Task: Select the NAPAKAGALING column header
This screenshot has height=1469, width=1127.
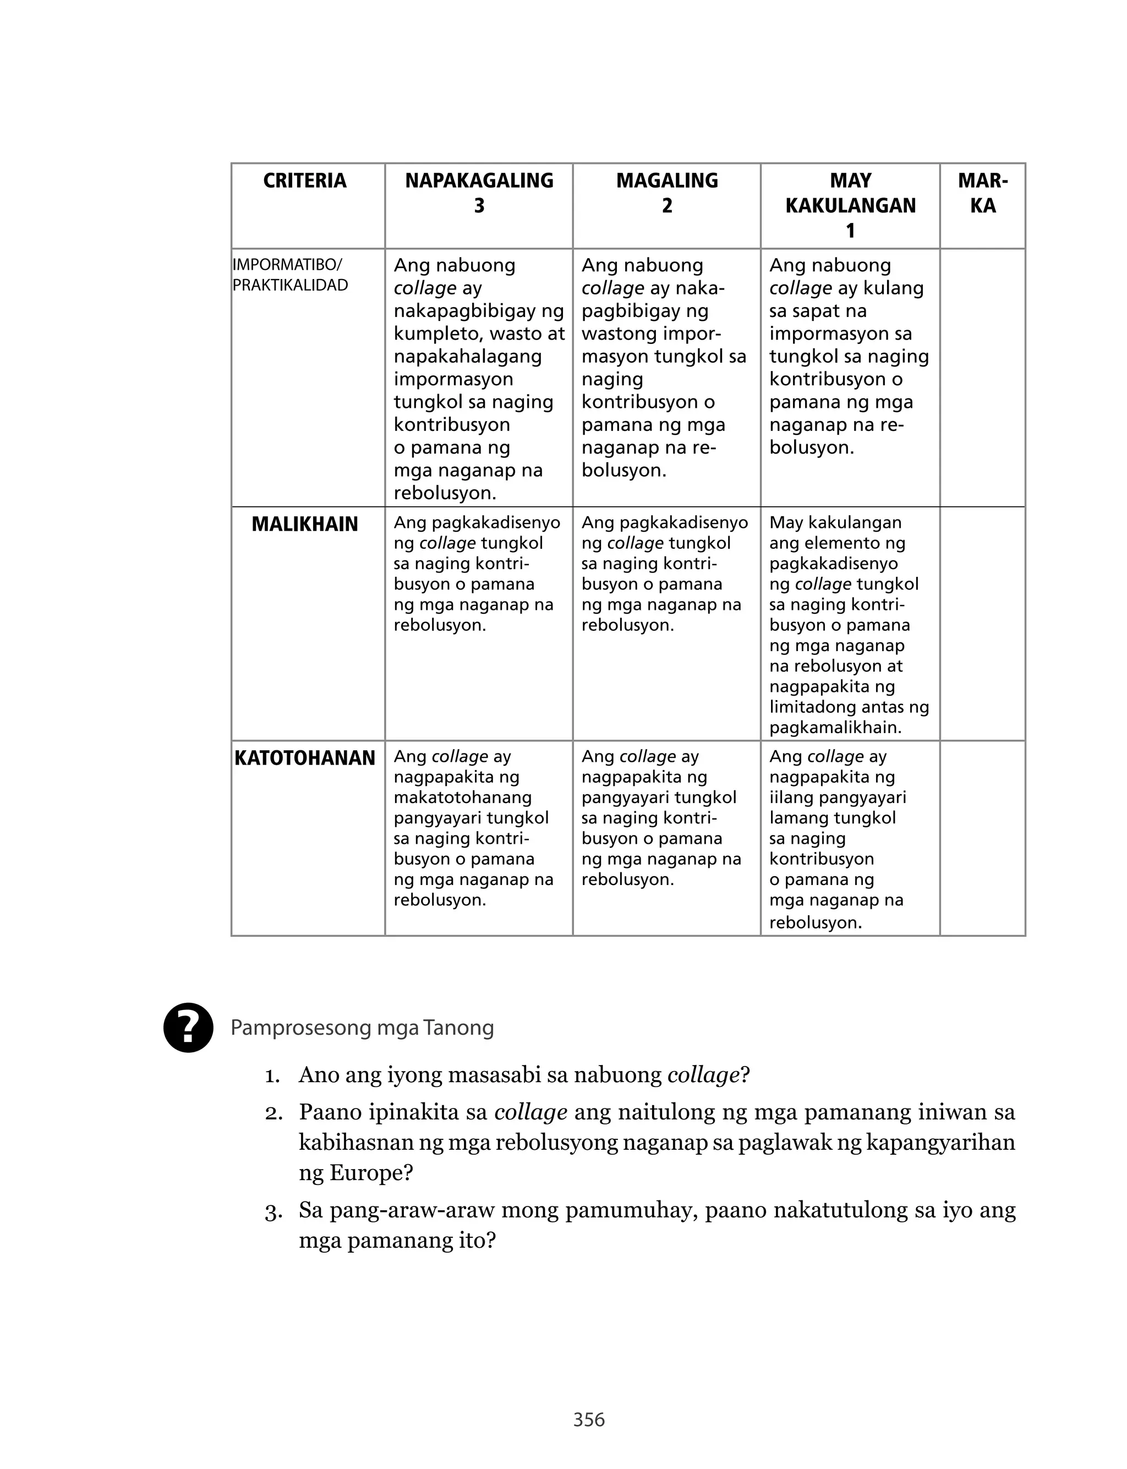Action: (x=479, y=181)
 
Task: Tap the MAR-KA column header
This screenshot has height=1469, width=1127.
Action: (x=982, y=193)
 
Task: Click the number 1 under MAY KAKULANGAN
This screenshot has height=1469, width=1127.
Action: (x=850, y=231)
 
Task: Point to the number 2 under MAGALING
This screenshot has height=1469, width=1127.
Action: (x=667, y=206)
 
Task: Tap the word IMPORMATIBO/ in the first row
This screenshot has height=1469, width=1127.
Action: (x=287, y=264)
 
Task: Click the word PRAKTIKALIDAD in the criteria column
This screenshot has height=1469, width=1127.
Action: (x=290, y=285)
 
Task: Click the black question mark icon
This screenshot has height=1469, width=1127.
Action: (x=189, y=1027)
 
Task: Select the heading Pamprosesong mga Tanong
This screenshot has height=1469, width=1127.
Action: (x=362, y=1028)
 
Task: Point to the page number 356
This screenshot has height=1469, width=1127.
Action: (x=589, y=1419)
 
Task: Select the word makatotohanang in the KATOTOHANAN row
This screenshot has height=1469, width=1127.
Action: (x=463, y=798)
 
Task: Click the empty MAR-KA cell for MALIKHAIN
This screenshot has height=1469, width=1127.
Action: (x=982, y=624)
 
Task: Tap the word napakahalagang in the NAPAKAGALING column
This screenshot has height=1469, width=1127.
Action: (x=468, y=356)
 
